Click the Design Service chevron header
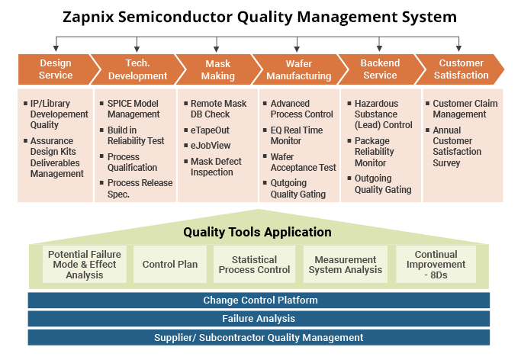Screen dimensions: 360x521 pyautogui.click(x=56, y=69)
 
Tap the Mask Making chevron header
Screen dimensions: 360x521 pyautogui.click(x=217, y=69)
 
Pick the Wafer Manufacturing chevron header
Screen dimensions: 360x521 pyautogui.click(x=297, y=69)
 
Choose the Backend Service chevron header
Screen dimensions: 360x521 pyautogui.click(x=379, y=69)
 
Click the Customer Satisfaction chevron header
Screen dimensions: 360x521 pyautogui.click(x=461, y=69)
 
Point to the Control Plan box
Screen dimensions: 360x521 pyautogui.click(x=170, y=265)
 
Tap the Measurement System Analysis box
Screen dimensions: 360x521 pyautogui.click(x=346, y=265)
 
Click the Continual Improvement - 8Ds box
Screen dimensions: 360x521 pyautogui.click(x=436, y=265)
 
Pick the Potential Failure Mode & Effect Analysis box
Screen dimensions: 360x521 pyautogui.click(x=85, y=265)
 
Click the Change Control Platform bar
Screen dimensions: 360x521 pyautogui.click(x=260, y=300)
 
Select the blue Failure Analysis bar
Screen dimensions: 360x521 pyautogui.click(x=260, y=319)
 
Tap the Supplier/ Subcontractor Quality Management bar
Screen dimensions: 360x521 pyautogui.click(x=260, y=337)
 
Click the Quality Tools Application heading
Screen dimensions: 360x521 pyautogui.click(x=257, y=232)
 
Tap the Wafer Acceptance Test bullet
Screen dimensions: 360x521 pyautogui.click(x=303, y=162)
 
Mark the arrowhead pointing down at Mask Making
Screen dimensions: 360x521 pyautogui.click(x=217, y=48)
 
